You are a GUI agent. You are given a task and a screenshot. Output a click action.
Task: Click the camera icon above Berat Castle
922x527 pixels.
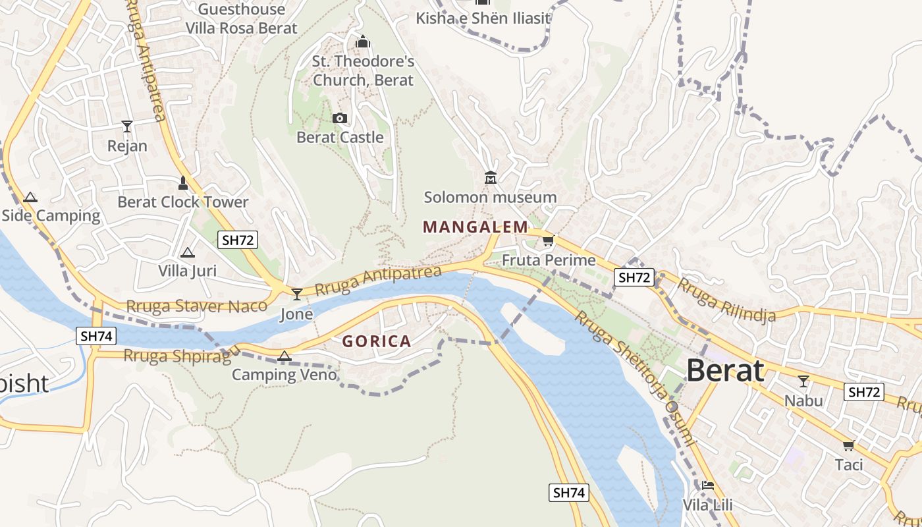pos(340,119)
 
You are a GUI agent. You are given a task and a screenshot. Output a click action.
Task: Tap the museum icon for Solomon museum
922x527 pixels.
pos(491,178)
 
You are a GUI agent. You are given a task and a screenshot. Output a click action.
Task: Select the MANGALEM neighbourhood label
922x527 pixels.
pos(475,227)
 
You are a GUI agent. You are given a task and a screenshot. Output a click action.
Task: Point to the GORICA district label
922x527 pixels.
pos(377,341)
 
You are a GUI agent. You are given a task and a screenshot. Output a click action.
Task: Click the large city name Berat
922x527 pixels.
pos(725,372)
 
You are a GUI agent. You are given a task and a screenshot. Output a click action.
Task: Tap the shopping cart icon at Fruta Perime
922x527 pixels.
pos(549,241)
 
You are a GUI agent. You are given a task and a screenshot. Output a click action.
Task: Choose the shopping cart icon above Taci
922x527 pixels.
pos(849,446)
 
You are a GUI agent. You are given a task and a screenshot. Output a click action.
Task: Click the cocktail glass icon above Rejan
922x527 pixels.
pos(127,126)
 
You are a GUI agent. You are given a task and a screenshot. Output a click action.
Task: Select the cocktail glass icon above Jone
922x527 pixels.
pos(297,294)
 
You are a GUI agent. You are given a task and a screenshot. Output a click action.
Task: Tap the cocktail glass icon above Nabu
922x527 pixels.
pos(803,381)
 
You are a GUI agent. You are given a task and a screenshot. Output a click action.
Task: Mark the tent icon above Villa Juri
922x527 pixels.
pos(188,252)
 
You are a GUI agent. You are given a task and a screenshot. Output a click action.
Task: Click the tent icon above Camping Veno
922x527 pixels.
pos(284,356)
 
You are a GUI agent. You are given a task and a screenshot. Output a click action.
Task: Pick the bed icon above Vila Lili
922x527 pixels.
pos(708,485)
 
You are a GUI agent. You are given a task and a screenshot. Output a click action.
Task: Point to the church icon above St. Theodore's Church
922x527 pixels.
pos(363,42)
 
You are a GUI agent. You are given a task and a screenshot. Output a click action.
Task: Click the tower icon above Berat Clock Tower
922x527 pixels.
pos(183,183)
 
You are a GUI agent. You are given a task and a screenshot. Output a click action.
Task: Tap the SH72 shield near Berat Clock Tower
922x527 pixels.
pos(238,240)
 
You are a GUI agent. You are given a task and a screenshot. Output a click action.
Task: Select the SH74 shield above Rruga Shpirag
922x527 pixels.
pos(96,337)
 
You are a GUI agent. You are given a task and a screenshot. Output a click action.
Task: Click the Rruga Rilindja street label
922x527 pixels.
pos(726,300)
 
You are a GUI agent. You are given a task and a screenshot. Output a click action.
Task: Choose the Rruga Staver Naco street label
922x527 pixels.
pos(196,306)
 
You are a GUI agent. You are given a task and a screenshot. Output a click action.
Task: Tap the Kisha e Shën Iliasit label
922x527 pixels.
pos(483,18)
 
